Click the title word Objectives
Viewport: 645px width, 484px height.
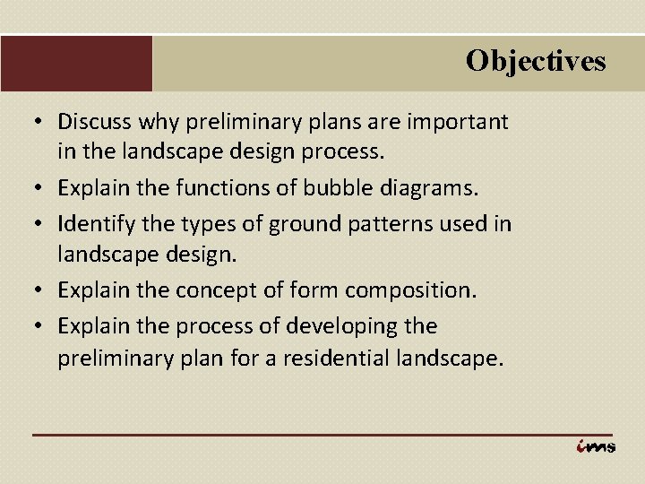click(x=535, y=61)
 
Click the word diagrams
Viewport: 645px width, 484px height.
click(x=434, y=189)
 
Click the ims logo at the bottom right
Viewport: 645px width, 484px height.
click(x=596, y=445)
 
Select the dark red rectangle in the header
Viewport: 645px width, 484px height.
click(x=76, y=63)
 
